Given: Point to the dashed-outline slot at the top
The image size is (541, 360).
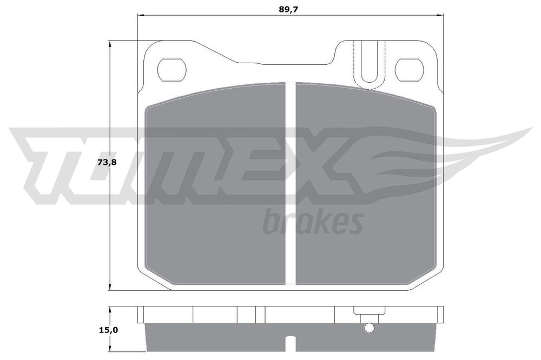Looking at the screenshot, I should [369, 64].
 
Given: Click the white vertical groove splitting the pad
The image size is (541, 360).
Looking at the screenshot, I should [291, 184].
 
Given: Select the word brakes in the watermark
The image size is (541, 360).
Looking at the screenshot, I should [312, 222].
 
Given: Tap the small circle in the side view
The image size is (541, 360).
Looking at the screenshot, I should [369, 328].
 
